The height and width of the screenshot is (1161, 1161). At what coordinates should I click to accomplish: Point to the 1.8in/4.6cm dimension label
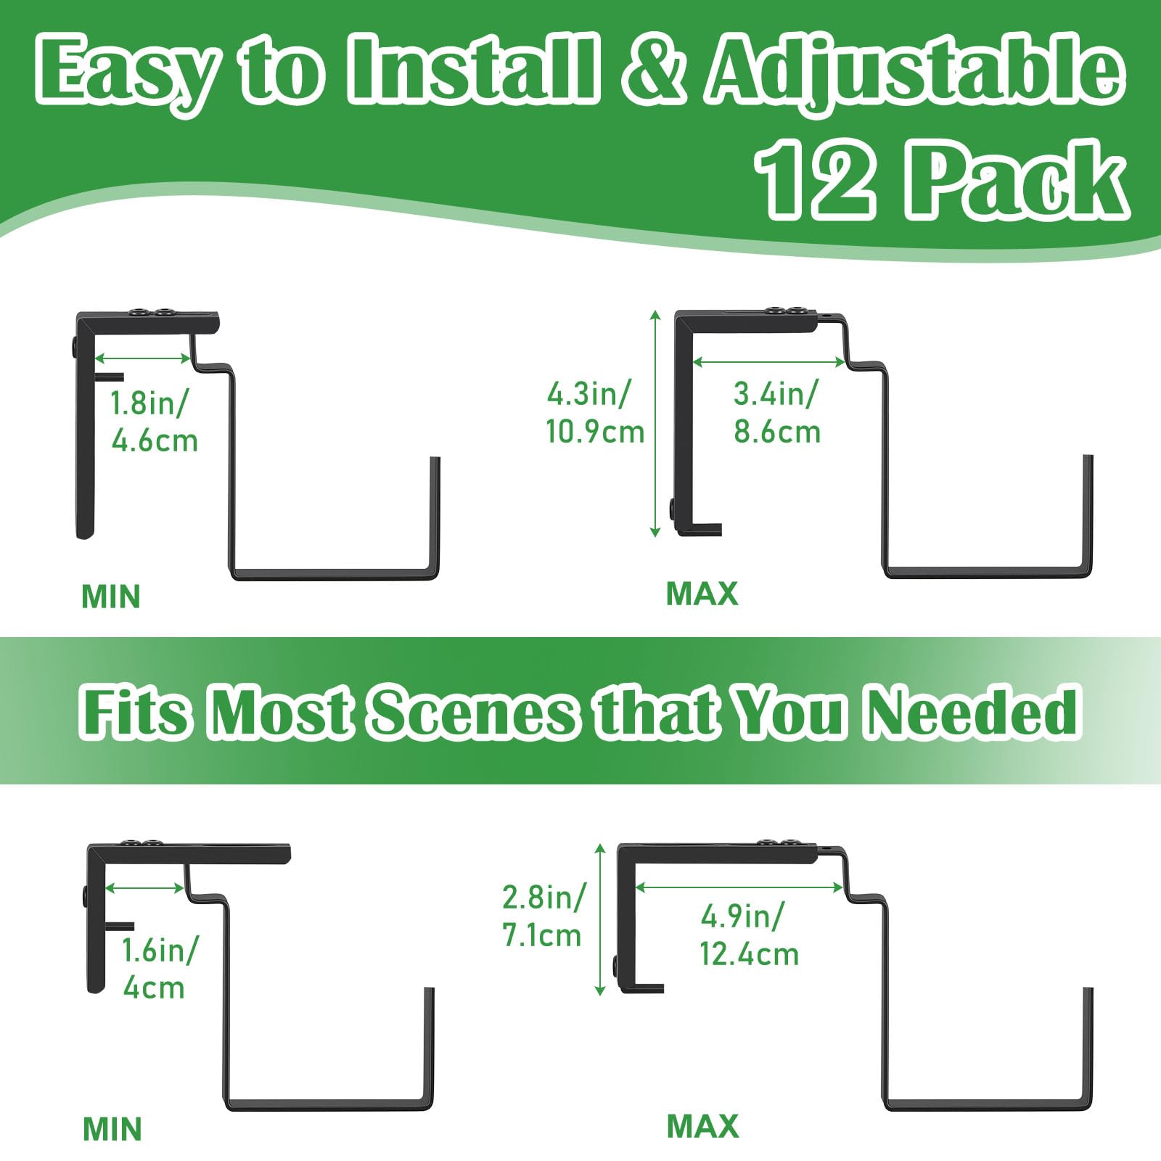point(154,422)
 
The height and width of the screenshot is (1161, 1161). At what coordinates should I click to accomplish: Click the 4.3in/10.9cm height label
point(595,413)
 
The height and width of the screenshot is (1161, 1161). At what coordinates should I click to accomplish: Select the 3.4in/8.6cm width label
point(776,413)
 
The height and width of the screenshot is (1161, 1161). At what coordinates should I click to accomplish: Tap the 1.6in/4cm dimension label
point(159,969)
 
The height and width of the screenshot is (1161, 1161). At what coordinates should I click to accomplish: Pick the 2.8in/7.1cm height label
point(543,916)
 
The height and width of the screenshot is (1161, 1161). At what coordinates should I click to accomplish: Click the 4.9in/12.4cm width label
point(749,935)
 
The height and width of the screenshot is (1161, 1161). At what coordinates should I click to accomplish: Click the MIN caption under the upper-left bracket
point(111,596)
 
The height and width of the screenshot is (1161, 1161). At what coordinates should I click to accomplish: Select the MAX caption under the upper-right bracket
point(702,594)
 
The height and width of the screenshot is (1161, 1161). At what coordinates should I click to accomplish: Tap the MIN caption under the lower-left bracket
point(112,1129)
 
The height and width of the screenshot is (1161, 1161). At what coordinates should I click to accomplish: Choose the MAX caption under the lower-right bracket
point(702,1126)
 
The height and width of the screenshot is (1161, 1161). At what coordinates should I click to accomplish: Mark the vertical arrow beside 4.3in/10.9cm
point(655,424)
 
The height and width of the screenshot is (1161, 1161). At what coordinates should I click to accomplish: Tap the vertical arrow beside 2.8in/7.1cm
point(600,919)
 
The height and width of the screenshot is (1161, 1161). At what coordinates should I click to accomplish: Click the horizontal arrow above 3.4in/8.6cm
point(769,361)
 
